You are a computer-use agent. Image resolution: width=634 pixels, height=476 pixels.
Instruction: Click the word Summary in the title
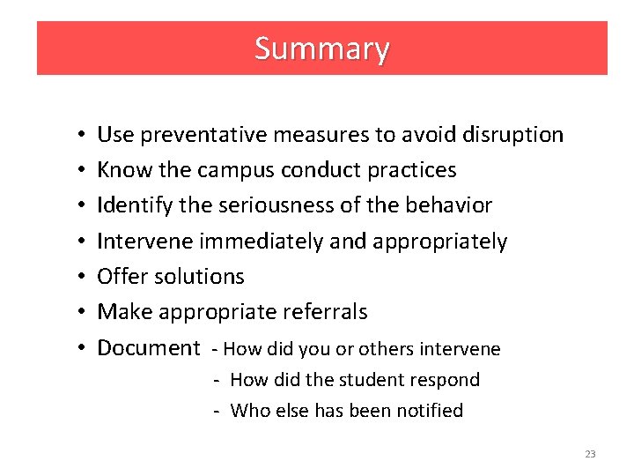click(321, 48)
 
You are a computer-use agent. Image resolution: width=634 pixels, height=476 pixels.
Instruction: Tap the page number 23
click(590, 454)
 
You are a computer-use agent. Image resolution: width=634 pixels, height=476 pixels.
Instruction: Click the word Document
click(148, 347)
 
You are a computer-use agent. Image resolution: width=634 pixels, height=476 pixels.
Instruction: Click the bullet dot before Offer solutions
click(79, 277)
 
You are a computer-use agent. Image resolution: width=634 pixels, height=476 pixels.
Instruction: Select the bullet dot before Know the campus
click(79, 171)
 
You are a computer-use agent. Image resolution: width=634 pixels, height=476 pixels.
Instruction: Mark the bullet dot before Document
click(79, 347)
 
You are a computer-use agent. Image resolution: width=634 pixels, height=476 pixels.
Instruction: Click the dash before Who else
click(215, 411)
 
